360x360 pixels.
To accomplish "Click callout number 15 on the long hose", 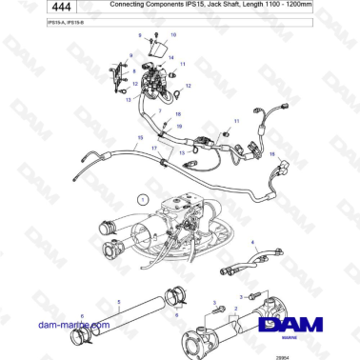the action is pyautogui.click(x=140, y=137).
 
